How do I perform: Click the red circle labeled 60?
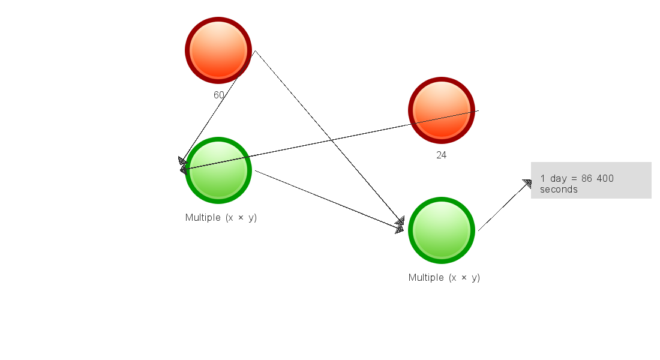click(218, 50)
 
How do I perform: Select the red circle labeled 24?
click(442, 110)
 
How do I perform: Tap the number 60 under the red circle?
click(219, 95)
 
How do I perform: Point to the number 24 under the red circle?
click(442, 155)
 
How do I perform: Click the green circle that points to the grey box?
click(442, 230)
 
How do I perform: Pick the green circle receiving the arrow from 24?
click(218, 170)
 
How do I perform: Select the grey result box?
click(591, 180)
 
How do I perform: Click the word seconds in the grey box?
click(559, 190)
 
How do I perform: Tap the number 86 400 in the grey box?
click(598, 179)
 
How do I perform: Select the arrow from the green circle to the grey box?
click(505, 205)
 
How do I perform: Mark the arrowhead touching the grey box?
click(528, 184)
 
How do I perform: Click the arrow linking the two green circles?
click(329, 200)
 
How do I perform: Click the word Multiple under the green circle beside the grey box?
click(426, 277)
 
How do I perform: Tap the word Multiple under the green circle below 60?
click(203, 217)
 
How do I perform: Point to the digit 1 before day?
click(543, 179)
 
